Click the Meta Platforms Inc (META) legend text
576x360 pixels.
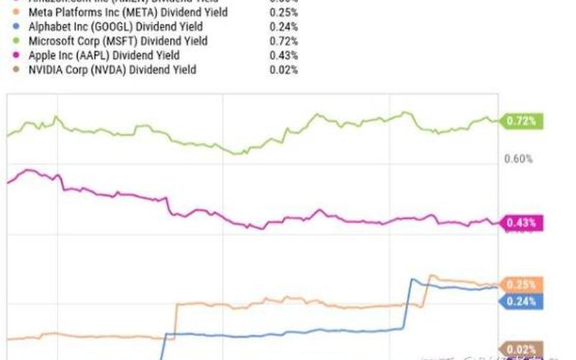click(x=128, y=12)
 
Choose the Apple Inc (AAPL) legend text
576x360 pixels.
click(x=104, y=55)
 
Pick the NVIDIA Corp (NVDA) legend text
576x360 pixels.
click(x=112, y=70)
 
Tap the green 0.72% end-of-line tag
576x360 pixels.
click(x=521, y=122)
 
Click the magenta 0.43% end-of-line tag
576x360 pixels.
click(x=521, y=223)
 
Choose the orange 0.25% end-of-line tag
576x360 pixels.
click(x=521, y=285)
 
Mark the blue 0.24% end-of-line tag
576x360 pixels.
click(x=521, y=302)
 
